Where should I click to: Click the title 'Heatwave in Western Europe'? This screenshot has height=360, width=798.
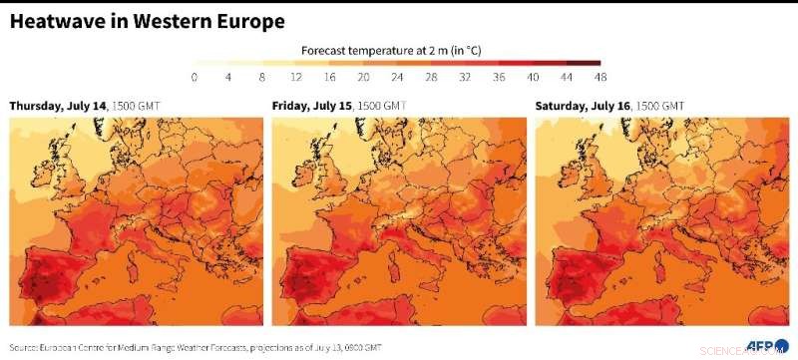point(147,21)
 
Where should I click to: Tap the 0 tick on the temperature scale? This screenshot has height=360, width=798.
point(194,77)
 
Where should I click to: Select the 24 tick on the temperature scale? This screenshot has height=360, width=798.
point(397,77)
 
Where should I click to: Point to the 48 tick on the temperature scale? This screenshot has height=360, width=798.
point(599,77)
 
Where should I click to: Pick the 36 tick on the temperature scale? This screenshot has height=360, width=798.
point(498,77)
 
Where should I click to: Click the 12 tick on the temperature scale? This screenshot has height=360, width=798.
point(295,77)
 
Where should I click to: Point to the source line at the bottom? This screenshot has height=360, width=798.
point(196,348)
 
